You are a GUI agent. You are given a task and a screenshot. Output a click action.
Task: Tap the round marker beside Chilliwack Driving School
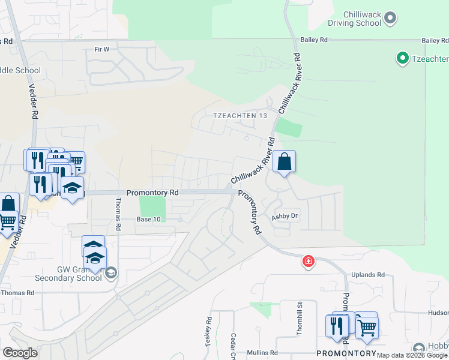[x=391, y=18]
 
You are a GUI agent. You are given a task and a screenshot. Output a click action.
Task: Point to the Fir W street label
[x=101, y=49]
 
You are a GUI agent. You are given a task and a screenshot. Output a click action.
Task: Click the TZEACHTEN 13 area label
[x=239, y=115]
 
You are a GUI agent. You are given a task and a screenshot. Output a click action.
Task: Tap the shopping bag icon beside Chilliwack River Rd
[x=285, y=161]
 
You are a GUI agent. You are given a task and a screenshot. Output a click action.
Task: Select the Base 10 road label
[x=148, y=220]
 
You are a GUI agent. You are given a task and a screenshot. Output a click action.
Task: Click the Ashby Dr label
[x=285, y=217]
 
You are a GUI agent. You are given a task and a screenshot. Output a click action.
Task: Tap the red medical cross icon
[x=309, y=261]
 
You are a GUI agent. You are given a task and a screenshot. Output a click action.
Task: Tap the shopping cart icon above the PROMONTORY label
[x=367, y=326]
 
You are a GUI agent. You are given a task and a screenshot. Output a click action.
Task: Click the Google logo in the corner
[x=20, y=353]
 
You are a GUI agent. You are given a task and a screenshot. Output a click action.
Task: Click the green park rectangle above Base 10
[x=152, y=207]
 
